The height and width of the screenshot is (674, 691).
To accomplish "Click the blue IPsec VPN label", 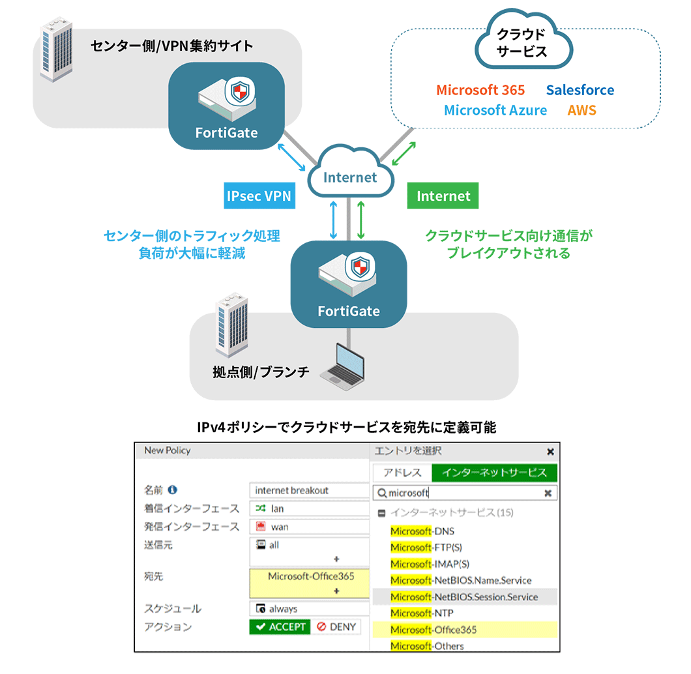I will [259, 196].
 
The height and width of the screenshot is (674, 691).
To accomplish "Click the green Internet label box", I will [443, 196].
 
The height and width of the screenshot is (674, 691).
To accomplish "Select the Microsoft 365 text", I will [480, 90].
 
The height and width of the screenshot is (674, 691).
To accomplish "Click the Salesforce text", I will [580, 90].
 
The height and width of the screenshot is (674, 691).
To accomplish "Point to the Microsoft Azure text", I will [495, 110].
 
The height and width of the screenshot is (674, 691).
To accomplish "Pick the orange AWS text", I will [581, 110].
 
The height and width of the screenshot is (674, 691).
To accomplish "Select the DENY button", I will [336, 626].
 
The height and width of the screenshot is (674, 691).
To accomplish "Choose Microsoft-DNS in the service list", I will [422, 531].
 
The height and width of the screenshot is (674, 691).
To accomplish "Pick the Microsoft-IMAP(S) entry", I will [430, 564].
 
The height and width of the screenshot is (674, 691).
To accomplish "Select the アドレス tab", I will [402, 473].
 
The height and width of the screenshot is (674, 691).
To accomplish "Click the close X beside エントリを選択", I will [550, 451].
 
